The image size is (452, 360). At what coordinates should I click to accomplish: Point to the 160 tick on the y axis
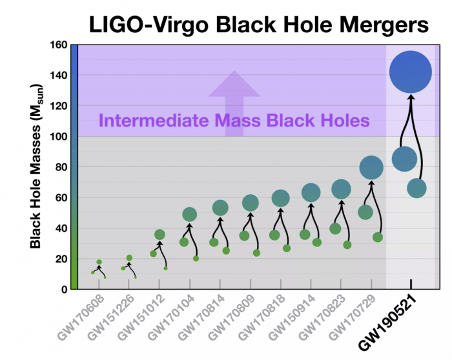click(x=60, y=45)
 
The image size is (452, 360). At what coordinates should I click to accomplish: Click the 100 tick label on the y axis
click(x=60, y=137)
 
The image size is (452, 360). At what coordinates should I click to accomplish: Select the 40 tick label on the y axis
click(x=62, y=228)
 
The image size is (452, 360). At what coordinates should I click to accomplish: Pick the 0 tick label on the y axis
click(x=65, y=289)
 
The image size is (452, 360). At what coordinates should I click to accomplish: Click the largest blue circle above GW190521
click(x=411, y=72)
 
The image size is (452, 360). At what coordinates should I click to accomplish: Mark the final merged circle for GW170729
click(x=371, y=168)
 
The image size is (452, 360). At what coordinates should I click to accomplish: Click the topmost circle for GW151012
click(x=159, y=235)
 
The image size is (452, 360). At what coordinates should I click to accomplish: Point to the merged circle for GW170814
click(x=220, y=207)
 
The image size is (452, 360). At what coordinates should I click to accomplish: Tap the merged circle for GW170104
click(x=190, y=214)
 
